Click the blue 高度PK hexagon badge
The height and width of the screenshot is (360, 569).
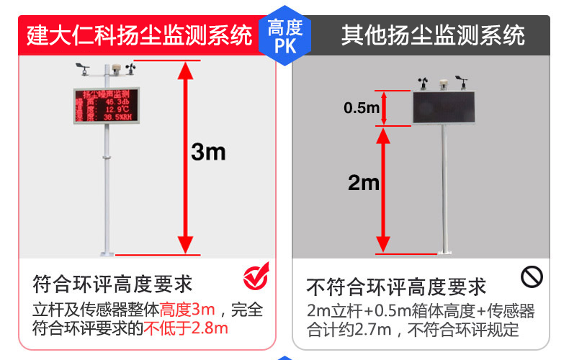[284, 37]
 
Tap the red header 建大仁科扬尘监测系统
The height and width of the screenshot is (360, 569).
[140, 35]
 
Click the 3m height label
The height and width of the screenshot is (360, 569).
[209, 152]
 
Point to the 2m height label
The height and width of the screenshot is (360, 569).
[363, 183]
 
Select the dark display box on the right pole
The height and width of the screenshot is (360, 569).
[443, 107]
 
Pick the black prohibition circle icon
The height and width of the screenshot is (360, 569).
[532, 276]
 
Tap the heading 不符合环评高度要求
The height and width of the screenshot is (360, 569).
[396, 287]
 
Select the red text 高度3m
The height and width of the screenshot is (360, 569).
[187, 310]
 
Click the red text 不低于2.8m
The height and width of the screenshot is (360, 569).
[186, 330]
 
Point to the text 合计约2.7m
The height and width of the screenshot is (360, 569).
[349, 330]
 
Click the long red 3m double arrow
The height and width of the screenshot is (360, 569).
[187, 158]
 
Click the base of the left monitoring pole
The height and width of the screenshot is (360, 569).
[106, 252]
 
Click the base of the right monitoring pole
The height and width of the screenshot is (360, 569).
[444, 251]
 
